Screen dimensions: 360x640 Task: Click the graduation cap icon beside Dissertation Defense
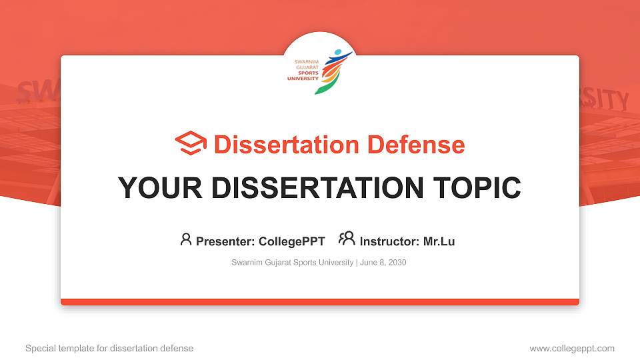tap(191, 144)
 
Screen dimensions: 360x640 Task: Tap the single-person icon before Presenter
tap(186, 239)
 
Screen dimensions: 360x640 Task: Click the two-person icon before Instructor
tap(347, 239)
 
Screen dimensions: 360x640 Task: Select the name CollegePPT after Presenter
tap(292, 241)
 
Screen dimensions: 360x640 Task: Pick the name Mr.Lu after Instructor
tap(439, 241)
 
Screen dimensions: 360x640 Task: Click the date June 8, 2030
tap(383, 263)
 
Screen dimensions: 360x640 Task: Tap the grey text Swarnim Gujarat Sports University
tap(292, 263)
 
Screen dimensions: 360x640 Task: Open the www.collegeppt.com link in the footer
tap(571, 348)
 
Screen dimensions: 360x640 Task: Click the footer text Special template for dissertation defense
tap(109, 348)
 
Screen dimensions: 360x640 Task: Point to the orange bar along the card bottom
tap(320, 302)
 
